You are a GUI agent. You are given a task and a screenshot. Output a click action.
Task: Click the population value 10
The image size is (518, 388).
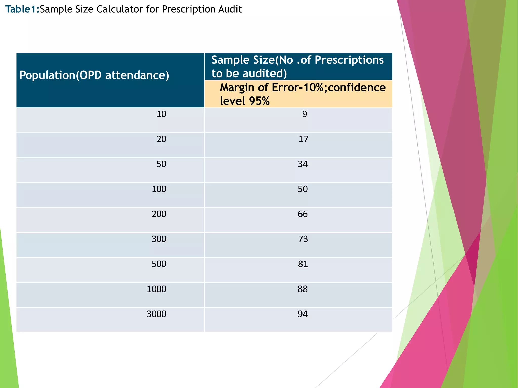pos(161,114)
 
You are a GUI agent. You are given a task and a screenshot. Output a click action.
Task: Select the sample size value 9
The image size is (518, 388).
pos(304,114)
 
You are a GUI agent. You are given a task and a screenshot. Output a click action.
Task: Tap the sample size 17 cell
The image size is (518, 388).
pos(303,139)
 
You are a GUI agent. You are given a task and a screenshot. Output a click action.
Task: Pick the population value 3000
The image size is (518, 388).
pos(156,314)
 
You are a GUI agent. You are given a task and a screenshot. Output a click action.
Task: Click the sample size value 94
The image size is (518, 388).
pos(303,314)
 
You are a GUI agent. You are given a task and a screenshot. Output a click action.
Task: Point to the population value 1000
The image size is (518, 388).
pos(156,289)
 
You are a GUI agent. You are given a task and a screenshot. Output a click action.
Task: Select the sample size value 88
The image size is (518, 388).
pos(303,289)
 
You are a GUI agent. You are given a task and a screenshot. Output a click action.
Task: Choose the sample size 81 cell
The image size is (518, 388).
pos(303,264)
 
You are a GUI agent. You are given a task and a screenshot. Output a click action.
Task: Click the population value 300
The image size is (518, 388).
pos(159,239)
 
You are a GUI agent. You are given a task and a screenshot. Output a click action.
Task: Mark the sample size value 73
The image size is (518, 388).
pos(303,239)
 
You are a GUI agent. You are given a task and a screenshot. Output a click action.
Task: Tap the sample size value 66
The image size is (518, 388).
pos(303,214)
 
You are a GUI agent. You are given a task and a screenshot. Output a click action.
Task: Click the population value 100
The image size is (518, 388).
pos(159,189)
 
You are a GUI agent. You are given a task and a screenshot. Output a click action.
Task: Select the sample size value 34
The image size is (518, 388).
pos(303,164)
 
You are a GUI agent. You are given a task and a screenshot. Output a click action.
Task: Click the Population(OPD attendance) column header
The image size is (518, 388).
pos(94,75)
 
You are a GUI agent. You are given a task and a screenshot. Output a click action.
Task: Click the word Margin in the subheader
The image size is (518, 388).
pos(237,88)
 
